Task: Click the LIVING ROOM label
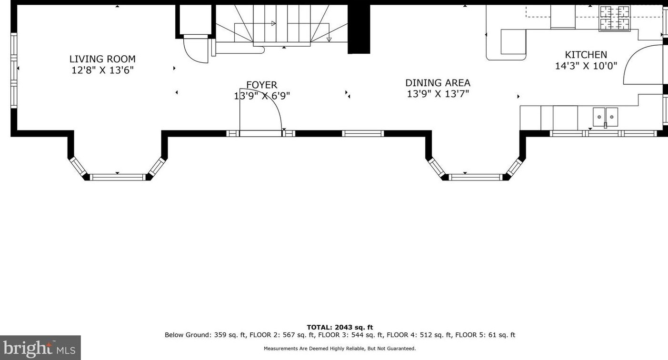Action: (102, 59)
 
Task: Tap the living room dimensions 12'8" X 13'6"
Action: (102, 70)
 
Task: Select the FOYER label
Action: (261, 85)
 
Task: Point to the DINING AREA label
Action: (438, 82)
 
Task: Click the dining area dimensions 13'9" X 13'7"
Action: (438, 94)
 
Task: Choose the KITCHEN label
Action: (586, 55)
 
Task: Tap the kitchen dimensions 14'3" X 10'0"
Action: (586, 66)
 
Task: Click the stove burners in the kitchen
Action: (615, 18)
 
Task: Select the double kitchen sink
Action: (605, 117)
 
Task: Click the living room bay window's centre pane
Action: (118, 177)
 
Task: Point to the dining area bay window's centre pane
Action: (476, 177)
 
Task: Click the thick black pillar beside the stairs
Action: (359, 29)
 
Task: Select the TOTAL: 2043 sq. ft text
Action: (339, 328)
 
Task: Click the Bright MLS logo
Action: (40, 348)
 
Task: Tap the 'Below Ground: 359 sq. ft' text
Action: (206, 335)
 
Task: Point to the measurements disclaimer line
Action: (339, 349)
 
